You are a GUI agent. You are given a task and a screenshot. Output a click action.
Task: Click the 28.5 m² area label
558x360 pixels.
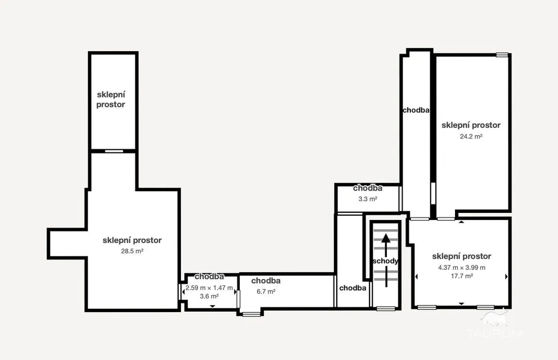pos(132,251)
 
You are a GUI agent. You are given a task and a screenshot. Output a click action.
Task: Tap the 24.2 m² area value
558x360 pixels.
pos(471,136)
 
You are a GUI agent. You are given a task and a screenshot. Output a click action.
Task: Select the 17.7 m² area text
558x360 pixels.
pos(462,276)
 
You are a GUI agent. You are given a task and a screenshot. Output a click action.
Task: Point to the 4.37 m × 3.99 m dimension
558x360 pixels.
pos(462,267)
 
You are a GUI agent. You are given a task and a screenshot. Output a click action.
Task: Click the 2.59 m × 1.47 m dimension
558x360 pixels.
pos(209,288)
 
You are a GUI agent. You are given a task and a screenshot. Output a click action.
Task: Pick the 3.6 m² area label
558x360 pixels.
pos(209,296)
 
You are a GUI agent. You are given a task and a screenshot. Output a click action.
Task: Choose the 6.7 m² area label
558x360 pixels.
pos(266,292)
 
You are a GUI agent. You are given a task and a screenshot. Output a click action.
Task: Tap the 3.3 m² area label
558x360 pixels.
pos(368,199)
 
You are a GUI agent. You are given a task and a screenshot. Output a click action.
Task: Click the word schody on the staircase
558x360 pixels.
pos(385,261)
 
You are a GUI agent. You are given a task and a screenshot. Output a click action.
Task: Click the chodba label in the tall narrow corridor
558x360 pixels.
pos(416,110)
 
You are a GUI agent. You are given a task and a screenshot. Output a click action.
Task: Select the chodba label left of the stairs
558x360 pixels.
pos(353,288)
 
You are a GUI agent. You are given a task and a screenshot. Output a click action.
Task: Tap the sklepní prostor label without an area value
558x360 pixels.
pos(111,100)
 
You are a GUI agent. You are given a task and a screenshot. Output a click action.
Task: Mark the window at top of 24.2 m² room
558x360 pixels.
pos(502,55)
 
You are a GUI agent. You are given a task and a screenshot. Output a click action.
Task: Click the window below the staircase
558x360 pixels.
pos(386,309)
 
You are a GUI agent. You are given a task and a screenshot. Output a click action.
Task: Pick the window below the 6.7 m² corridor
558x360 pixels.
pos(251,314)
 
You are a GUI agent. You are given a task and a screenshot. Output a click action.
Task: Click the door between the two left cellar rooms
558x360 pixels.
pos(114,151)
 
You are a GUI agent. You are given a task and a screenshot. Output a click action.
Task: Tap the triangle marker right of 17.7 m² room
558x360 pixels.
pos(506,277)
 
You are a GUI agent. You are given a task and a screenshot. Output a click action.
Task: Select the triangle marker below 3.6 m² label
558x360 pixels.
pos(213,306)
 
